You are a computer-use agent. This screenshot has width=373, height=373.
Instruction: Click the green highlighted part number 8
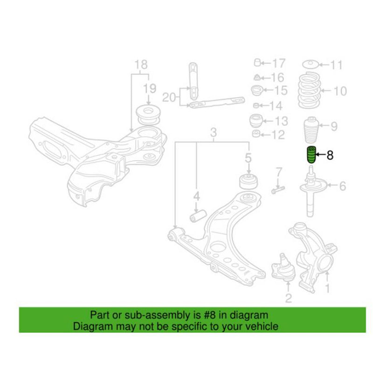(x=310, y=155)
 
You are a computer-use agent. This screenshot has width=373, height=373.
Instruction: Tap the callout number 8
(x=330, y=156)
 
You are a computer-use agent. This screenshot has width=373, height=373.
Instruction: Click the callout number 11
(x=336, y=65)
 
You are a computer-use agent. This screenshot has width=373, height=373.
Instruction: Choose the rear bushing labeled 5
(x=249, y=181)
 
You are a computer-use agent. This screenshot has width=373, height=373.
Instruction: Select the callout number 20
(x=169, y=97)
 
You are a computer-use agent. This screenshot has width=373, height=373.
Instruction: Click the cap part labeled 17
(x=257, y=63)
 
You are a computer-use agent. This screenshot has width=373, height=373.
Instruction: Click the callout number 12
(x=278, y=135)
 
